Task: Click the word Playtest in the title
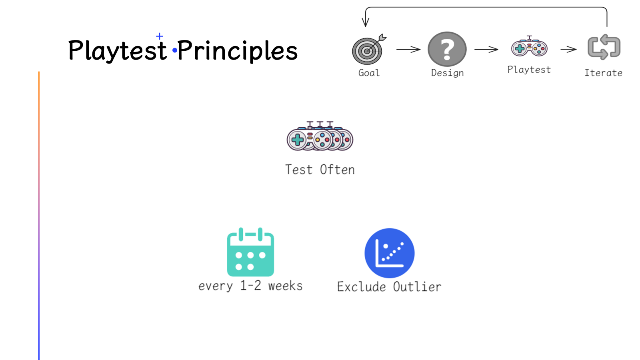pyautogui.click(x=117, y=51)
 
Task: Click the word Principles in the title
pyautogui.click(x=238, y=51)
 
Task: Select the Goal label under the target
pyautogui.click(x=369, y=73)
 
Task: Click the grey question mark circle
pyautogui.click(x=447, y=49)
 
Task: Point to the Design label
pyautogui.click(x=447, y=73)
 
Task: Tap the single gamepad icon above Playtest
pyautogui.click(x=529, y=47)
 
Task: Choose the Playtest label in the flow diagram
pyautogui.click(x=529, y=70)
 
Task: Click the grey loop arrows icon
pyautogui.click(x=604, y=47)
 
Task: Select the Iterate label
pyautogui.click(x=603, y=73)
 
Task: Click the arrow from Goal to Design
pyautogui.click(x=408, y=50)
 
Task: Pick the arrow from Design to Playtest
pyautogui.click(x=486, y=50)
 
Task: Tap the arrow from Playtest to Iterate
pyautogui.click(x=568, y=50)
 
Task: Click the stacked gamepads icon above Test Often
pyautogui.click(x=320, y=137)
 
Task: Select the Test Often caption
pyautogui.click(x=320, y=170)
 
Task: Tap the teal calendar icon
pyautogui.click(x=250, y=252)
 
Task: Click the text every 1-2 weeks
pyautogui.click(x=250, y=286)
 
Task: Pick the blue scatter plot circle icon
pyautogui.click(x=389, y=253)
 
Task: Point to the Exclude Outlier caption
pyautogui.click(x=389, y=287)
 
